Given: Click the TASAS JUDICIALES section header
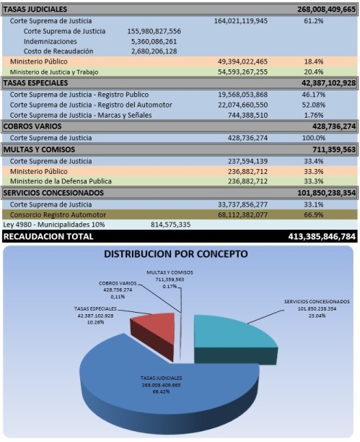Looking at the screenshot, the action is (x=35, y=9).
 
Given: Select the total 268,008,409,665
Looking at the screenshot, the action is (x=327, y=9).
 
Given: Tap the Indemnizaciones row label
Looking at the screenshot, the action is (x=51, y=41).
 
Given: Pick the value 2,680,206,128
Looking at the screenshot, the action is (x=154, y=51).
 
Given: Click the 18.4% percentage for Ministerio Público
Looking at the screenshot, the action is (x=314, y=61).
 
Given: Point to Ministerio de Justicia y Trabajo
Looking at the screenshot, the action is (x=54, y=72).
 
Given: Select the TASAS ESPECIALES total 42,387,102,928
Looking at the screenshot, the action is (x=329, y=83).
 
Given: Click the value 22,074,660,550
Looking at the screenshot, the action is (x=243, y=105).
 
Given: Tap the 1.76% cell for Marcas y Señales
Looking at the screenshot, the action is (x=314, y=116).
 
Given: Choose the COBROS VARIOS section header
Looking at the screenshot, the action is (x=32, y=126).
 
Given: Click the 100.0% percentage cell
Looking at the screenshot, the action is (x=314, y=138).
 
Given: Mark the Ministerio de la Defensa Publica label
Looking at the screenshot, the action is (x=61, y=181).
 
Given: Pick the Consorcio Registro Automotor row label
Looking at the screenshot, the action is (x=58, y=214).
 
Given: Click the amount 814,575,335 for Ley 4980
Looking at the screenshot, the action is (x=170, y=225).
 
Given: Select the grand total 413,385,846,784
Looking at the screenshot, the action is (x=322, y=236).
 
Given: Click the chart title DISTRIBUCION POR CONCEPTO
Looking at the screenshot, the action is (x=176, y=254).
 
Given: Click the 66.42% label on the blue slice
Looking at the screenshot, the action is (x=161, y=391).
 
